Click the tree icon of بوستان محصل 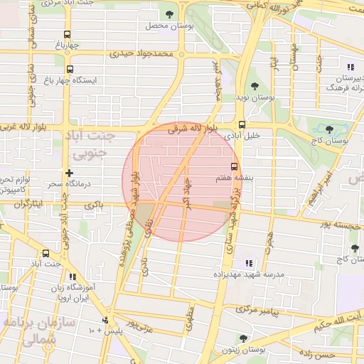coord(168,14)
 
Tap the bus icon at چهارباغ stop coord(68,33)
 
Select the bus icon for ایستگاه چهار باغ coord(70,69)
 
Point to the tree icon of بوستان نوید coord(255,86)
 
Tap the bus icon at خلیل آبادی coord(242,122)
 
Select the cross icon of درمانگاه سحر coord(69,173)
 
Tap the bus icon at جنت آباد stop coord(46,252)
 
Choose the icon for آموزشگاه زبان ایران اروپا coord(72,277)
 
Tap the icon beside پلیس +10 coord(105,320)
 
